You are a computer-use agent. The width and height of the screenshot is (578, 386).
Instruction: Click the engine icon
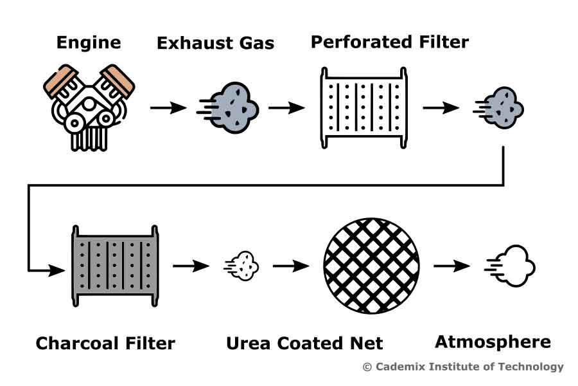[x=89, y=107]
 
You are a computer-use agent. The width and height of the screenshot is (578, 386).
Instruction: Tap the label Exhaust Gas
[x=215, y=43]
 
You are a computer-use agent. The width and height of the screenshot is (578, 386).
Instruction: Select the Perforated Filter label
[x=389, y=42]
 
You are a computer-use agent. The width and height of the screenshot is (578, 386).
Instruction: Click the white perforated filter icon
[x=364, y=107]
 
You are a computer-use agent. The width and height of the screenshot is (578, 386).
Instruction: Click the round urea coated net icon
[x=372, y=265]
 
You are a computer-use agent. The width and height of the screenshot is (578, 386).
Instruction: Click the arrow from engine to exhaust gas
[x=168, y=107]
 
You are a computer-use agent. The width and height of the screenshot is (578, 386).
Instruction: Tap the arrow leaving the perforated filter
[x=441, y=107]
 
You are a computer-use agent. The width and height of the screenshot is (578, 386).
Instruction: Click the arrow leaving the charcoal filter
[x=191, y=265]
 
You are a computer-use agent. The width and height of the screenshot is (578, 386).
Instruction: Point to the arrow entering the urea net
[x=291, y=265]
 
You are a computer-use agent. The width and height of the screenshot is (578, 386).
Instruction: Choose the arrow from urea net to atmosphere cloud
[x=452, y=265]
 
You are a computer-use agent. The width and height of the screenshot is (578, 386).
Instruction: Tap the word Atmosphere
[x=493, y=342]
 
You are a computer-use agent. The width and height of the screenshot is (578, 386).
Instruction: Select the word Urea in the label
[x=247, y=343]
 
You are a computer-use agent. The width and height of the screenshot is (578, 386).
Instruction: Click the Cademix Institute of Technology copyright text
[x=462, y=367]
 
